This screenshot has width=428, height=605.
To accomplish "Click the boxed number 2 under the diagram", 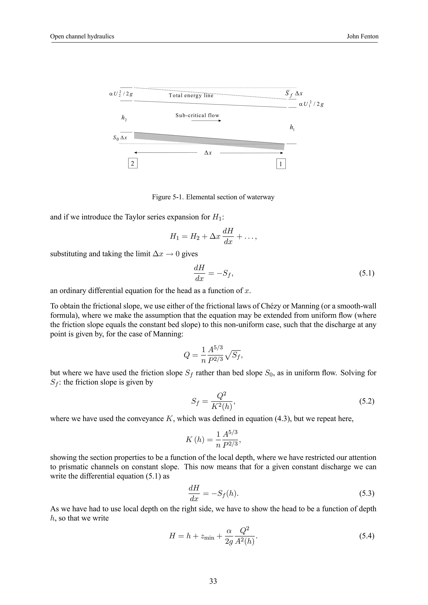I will [133, 164].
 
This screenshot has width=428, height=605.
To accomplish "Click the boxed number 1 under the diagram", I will [281, 164].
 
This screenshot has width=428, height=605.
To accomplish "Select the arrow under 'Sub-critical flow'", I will [206, 121].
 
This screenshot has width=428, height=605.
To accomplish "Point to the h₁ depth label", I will [292, 128].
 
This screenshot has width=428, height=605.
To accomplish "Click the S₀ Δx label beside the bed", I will [120, 138].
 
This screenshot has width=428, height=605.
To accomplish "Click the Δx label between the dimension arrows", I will [208, 153].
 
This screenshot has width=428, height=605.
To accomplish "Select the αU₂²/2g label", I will [121, 94].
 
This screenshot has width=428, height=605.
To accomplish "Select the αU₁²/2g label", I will [311, 104].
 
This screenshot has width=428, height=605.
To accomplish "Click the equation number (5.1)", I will [367, 273].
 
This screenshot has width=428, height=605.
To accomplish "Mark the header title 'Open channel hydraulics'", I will [82, 36].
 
